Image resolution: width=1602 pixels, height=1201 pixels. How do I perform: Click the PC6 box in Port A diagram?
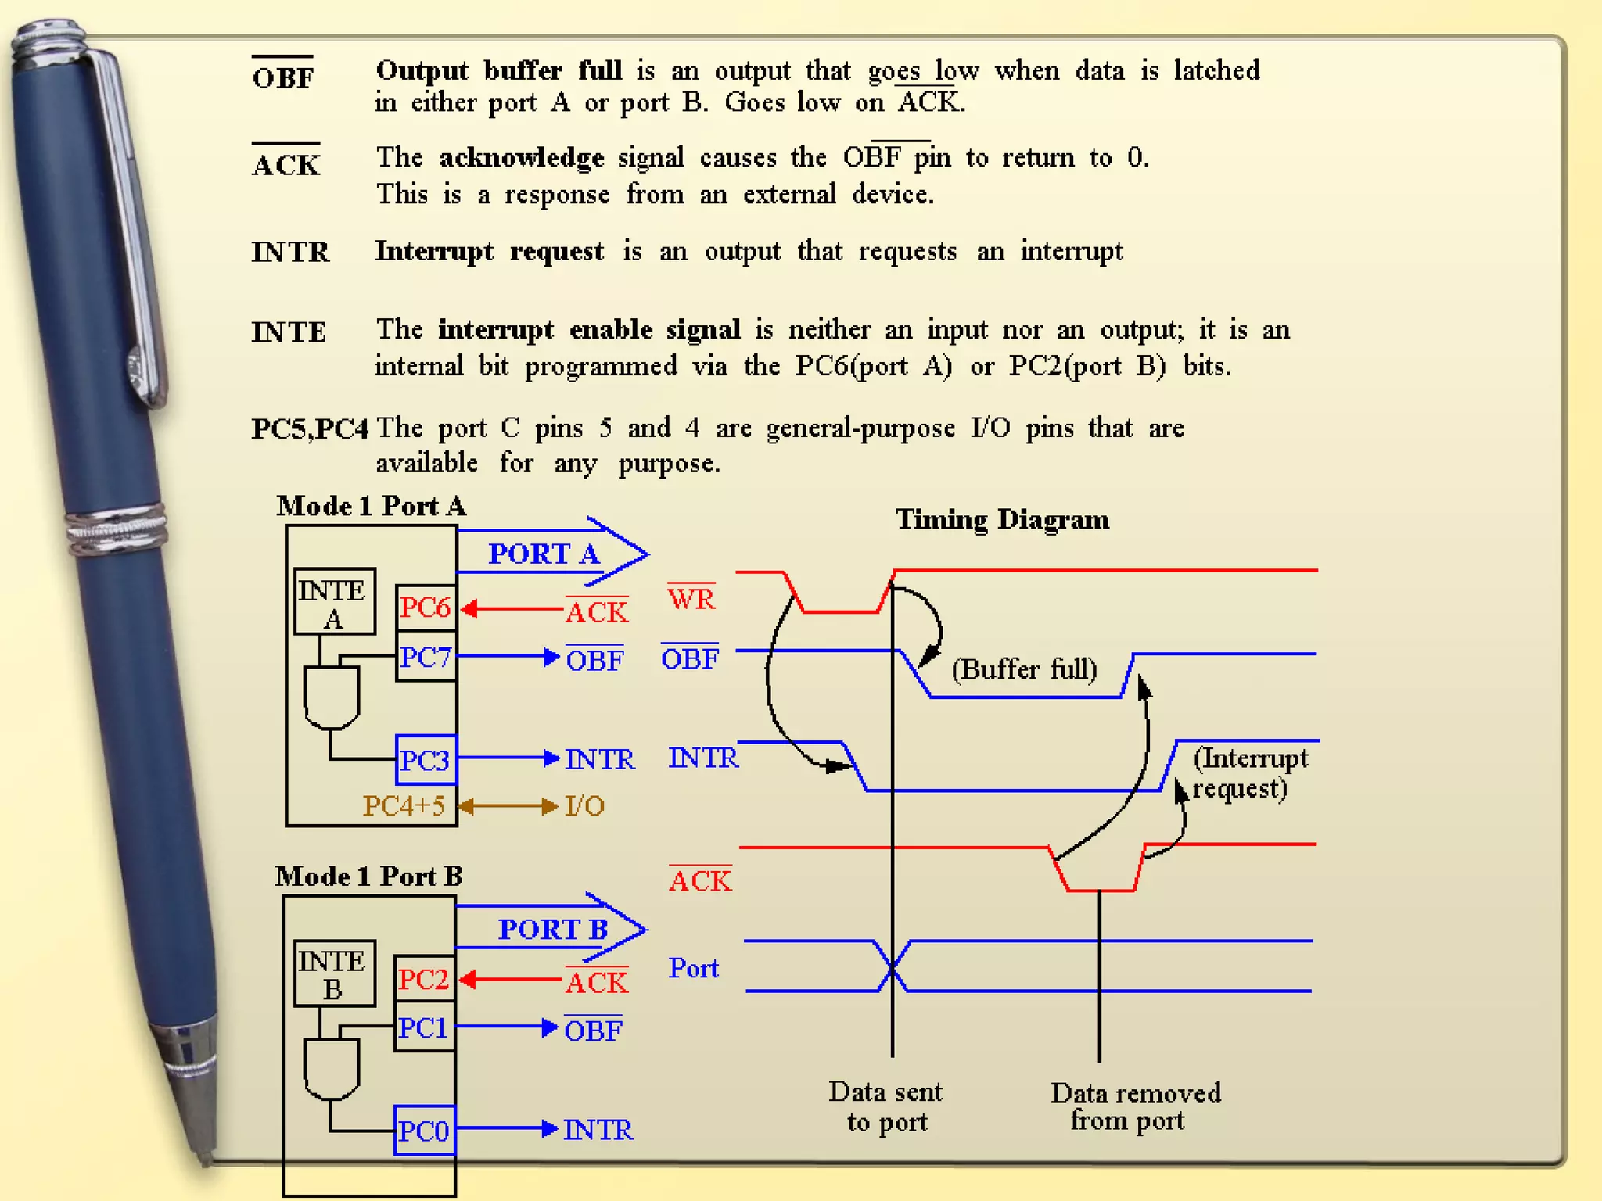coord(426,608)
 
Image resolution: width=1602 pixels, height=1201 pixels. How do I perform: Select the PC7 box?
coord(426,657)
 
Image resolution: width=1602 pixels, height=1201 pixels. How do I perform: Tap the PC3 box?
coord(426,759)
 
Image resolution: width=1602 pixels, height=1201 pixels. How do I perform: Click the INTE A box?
coord(334,601)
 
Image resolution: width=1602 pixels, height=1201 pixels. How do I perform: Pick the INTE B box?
coord(334,973)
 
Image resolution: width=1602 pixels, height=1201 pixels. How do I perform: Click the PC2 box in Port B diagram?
coord(423,979)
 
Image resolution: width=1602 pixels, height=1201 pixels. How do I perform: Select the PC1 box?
coord(423,1027)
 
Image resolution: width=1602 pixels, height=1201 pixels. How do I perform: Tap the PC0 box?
coord(424,1130)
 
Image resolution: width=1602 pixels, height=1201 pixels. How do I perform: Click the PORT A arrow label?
coord(544,554)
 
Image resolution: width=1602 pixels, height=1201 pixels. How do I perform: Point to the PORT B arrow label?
coord(553,929)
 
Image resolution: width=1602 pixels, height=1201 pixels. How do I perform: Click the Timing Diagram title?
coord(1002,519)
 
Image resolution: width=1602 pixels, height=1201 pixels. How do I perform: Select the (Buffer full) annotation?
coord(1025,669)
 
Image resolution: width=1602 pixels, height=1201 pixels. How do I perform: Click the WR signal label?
coord(691,599)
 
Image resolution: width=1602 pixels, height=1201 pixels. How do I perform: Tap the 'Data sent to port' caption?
coord(886,1106)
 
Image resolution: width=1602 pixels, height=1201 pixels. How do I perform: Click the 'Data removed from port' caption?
coord(1134,1106)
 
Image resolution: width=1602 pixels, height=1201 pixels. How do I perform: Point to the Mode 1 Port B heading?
coord(369,876)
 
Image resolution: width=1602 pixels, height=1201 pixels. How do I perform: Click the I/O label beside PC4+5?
coord(584,806)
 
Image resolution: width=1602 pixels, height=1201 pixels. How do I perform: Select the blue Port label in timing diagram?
coord(693,968)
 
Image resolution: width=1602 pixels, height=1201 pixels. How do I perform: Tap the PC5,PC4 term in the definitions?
coord(310,428)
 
